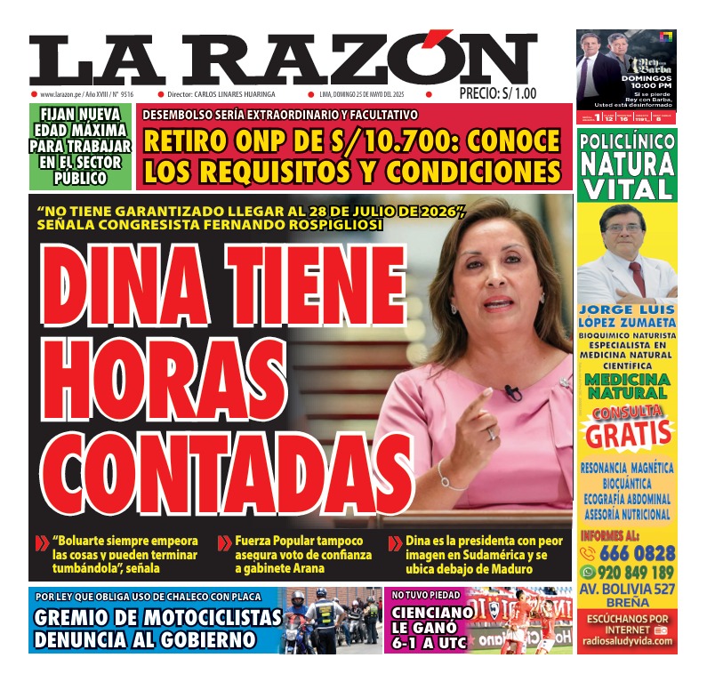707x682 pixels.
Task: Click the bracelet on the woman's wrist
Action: coord(448,481)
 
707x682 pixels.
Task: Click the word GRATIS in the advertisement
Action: coord(628,433)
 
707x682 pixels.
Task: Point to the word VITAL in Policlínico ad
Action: coord(627,189)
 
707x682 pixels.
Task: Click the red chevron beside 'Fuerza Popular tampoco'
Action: coord(225,542)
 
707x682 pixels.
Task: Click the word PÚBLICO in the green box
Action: coord(80,179)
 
